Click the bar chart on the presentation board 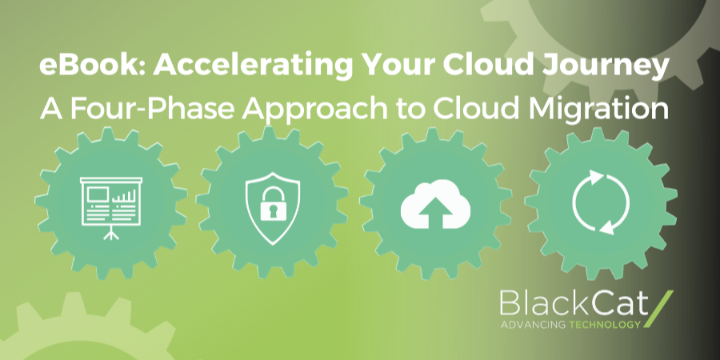point(122,196)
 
